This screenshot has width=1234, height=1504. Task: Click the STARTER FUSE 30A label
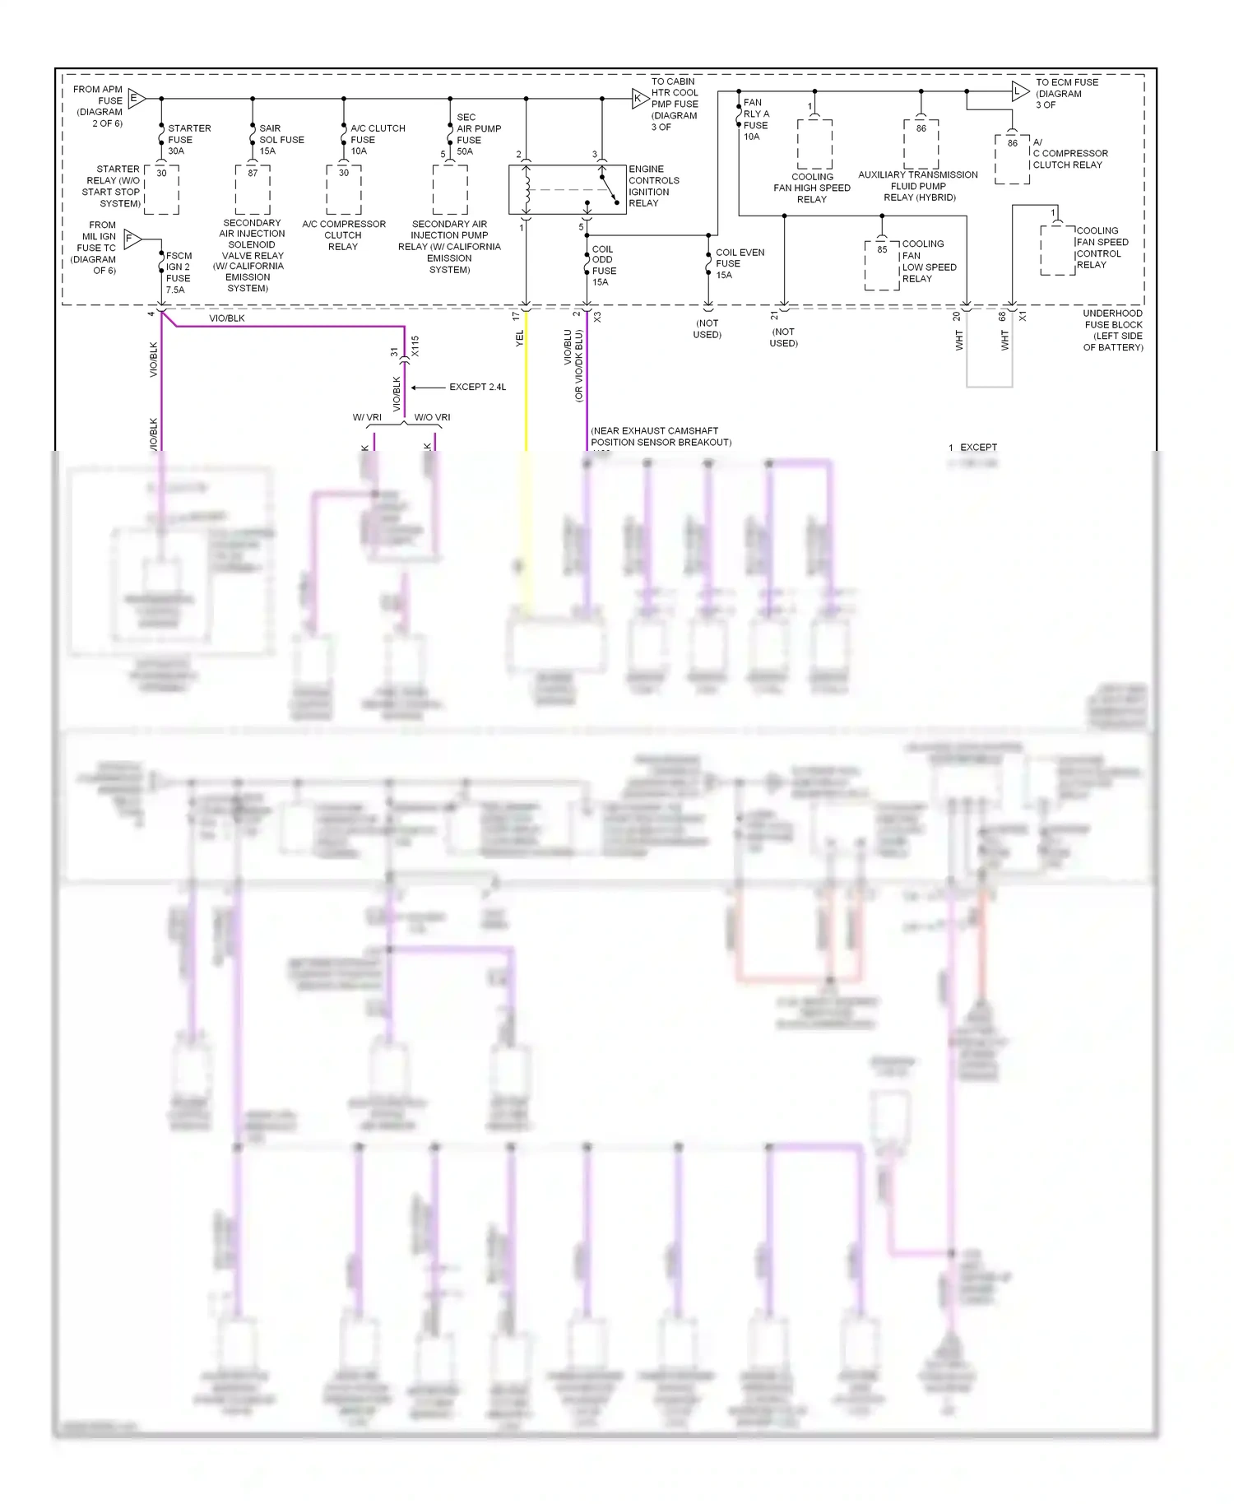(188, 140)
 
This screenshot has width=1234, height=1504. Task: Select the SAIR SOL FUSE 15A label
(281, 140)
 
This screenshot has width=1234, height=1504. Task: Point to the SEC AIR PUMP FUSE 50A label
(478, 134)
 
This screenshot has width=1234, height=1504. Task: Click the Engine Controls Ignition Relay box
(567, 189)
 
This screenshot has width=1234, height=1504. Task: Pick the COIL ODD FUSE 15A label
(603, 266)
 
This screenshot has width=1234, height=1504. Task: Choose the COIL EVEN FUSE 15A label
(739, 264)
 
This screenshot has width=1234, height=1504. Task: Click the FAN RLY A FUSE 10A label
(755, 120)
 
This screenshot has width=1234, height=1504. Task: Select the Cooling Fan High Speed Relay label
(812, 188)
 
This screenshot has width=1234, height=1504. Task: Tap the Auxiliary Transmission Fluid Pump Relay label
(918, 186)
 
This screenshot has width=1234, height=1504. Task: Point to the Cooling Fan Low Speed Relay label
(928, 262)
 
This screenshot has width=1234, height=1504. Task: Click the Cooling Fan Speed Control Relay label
(1102, 248)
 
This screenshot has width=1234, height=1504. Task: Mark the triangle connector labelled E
(136, 99)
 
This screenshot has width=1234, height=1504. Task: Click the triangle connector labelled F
(132, 239)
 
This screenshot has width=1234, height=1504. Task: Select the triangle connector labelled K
(639, 99)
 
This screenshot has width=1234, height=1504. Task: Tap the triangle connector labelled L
(1019, 91)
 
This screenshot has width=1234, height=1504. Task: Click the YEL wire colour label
(519, 338)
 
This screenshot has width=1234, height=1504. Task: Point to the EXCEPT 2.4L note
(477, 388)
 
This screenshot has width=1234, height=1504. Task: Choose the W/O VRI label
(432, 418)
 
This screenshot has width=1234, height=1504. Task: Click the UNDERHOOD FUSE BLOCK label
(1112, 331)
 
